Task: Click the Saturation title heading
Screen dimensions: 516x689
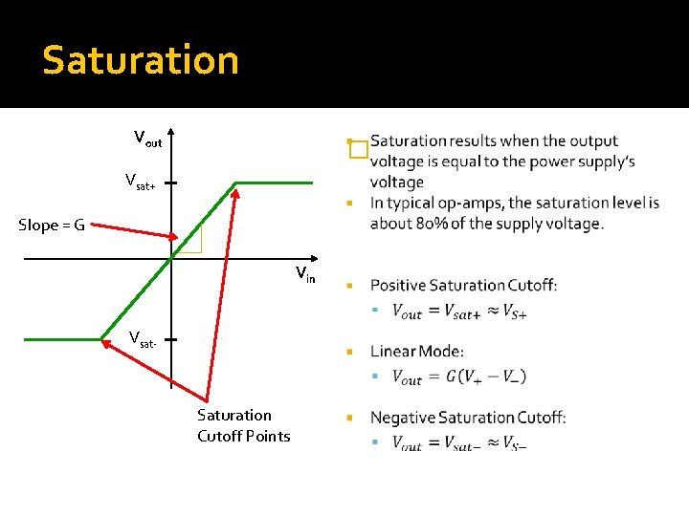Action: click(140, 60)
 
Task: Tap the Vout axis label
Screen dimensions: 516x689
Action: click(147, 140)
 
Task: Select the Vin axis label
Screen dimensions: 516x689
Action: click(305, 276)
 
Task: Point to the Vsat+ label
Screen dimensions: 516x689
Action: click(140, 181)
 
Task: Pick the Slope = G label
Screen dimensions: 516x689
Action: click(52, 226)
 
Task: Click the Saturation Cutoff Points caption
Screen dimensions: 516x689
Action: click(243, 425)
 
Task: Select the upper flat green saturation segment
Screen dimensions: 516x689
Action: click(275, 182)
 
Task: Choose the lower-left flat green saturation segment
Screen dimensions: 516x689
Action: click(62, 338)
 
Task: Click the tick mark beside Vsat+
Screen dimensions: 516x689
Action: click(171, 181)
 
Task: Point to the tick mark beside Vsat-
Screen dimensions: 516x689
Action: click(171, 338)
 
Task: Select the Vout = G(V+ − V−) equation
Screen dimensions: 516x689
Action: click(459, 376)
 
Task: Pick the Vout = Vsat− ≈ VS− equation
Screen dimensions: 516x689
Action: click(459, 442)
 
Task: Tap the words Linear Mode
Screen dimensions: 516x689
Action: click(417, 352)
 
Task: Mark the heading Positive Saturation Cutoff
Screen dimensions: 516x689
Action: click(463, 285)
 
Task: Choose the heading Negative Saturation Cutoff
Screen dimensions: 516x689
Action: click(468, 418)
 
